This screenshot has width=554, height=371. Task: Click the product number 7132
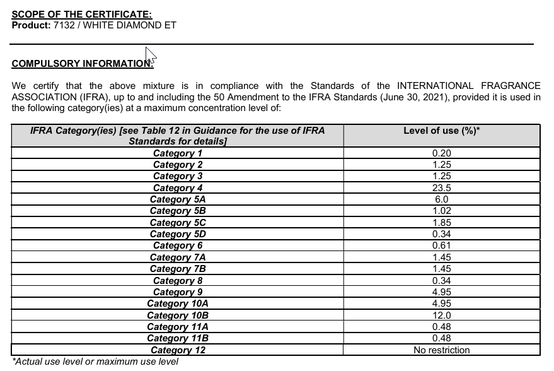[64, 25]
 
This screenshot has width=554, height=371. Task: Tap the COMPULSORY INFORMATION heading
[81, 63]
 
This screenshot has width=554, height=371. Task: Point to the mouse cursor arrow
[150, 55]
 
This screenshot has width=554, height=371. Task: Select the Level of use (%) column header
[441, 131]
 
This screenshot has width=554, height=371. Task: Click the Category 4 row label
[178, 188]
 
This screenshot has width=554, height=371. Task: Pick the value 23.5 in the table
[441, 188]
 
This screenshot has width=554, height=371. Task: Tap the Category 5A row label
[178, 199]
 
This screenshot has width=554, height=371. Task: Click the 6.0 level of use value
[441, 199]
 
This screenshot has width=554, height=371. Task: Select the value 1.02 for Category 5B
[441, 211]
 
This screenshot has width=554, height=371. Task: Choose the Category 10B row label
[178, 315]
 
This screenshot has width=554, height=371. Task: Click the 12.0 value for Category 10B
[441, 315]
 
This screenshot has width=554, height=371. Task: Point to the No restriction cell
[441, 350]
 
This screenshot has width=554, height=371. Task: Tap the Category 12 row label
[178, 350]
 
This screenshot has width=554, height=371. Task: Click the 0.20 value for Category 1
[441, 153]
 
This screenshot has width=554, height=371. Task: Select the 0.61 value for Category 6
[441, 246]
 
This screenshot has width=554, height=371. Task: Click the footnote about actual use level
[95, 362]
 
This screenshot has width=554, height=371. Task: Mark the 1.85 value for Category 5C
[441, 223]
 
